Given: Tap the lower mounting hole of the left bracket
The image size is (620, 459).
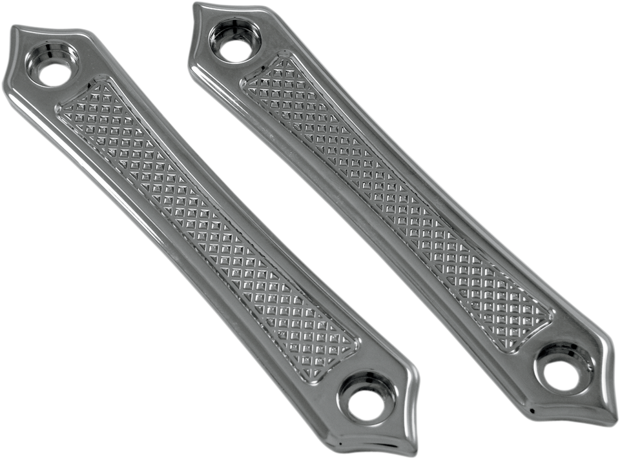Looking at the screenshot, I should coord(366,404).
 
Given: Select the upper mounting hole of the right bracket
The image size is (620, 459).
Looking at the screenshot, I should coord(235,50).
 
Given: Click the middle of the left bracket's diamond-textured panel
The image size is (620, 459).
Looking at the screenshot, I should coord(207,219).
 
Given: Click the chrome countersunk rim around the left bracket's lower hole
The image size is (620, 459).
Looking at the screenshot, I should coord(349,387).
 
